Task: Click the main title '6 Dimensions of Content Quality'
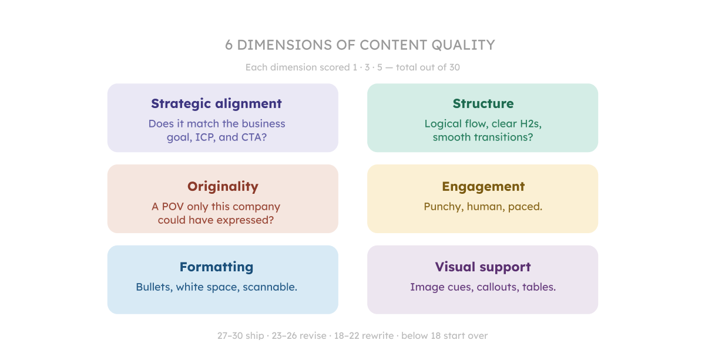(360, 45)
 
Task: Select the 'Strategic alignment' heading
(216, 104)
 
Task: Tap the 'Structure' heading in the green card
(483, 104)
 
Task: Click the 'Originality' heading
(223, 187)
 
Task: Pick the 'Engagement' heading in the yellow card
(483, 187)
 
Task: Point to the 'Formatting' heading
(216, 267)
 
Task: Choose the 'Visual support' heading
(483, 267)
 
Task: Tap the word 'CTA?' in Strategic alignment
(262, 137)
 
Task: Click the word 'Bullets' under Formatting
(153, 287)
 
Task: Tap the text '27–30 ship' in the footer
(240, 336)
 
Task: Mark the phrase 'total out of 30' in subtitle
(428, 68)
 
